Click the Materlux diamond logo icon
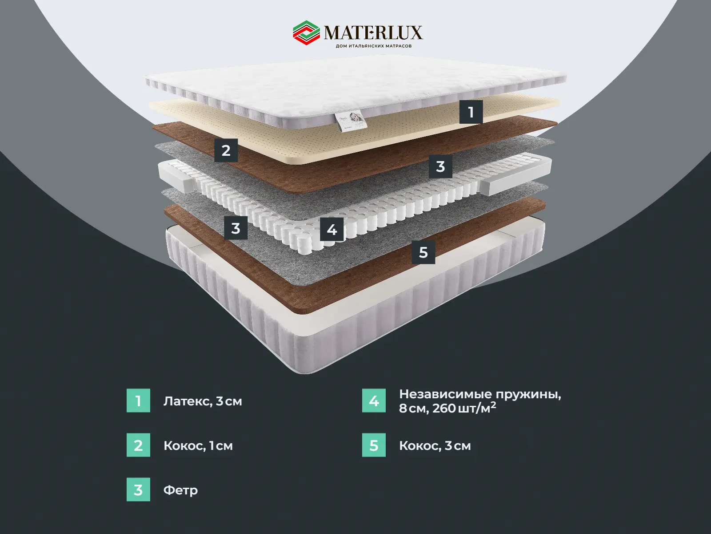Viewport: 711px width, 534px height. (x=307, y=33)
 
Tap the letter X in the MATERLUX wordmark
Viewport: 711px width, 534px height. (x=415, y=33)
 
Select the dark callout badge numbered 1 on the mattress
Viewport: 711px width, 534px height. (x=471, y=112)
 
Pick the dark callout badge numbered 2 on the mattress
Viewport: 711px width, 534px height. (x=226, y=150)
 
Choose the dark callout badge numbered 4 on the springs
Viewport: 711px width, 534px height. (x=332, y=230)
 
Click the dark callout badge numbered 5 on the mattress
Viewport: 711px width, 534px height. (x=423, y=252)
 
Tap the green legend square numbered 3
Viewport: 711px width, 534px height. (x=138, y=489)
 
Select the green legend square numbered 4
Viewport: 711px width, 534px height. (x=374, y=401)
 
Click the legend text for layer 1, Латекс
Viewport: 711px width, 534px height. (x=203, y=401)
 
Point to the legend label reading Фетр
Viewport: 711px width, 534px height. (x=180, y=490)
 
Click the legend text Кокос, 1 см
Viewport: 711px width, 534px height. (x=198, y=446)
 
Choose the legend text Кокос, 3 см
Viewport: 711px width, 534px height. (x=435, y=446)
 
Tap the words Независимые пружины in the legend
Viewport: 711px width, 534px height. (x=480, y=395)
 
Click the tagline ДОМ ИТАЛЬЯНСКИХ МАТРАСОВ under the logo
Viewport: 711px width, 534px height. (x=374, y=46)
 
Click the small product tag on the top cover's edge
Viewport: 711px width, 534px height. (x=351, y=121)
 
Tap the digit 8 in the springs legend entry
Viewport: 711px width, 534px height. (x=403, y=409)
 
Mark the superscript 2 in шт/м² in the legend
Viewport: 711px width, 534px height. (x=493, y=405)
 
